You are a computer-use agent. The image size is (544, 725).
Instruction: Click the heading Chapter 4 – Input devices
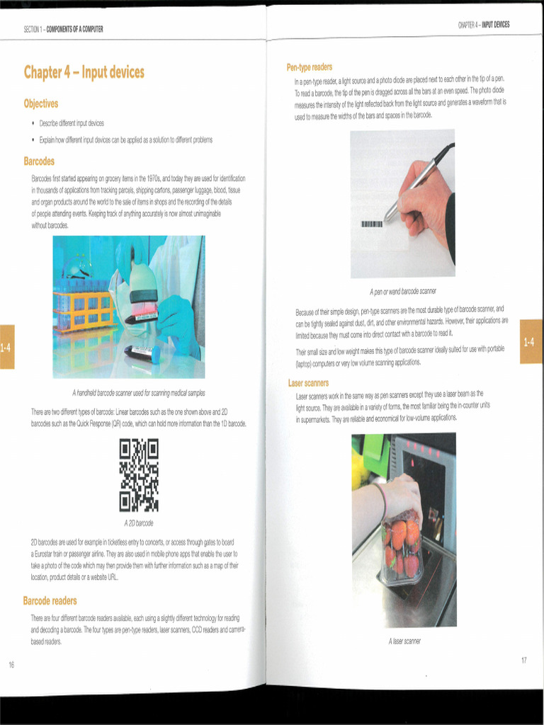[84, 72]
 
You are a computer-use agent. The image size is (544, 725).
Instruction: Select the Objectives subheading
[41, 103]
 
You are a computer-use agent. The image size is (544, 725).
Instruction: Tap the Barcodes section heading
[39, 161]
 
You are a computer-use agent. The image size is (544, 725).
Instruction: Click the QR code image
[138, 475]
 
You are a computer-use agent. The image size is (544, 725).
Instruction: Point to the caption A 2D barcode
[138, 523]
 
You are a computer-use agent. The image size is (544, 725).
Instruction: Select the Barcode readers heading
[50, 601]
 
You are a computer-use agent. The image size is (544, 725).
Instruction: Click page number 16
[11, 664]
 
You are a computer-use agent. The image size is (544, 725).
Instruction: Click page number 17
[523, 660]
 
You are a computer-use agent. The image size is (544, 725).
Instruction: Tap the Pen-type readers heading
[309, 67]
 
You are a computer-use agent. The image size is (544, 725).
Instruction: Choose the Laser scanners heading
[308, 383]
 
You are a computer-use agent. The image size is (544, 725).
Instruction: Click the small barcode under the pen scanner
[372, 224]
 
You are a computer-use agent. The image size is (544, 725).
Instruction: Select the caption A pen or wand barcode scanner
[402, 291]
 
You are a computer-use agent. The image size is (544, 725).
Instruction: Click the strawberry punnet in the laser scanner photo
[402, 549]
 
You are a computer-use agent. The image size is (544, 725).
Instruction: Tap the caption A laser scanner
[404, 641]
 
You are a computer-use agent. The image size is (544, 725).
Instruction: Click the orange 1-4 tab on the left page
[6, 347]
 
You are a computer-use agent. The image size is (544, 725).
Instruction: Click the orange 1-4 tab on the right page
[531, 342]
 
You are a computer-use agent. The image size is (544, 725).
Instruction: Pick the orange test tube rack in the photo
[84, 308]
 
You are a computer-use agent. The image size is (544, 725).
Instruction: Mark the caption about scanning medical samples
[138, 393]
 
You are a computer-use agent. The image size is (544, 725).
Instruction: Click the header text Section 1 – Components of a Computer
[63, 29]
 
